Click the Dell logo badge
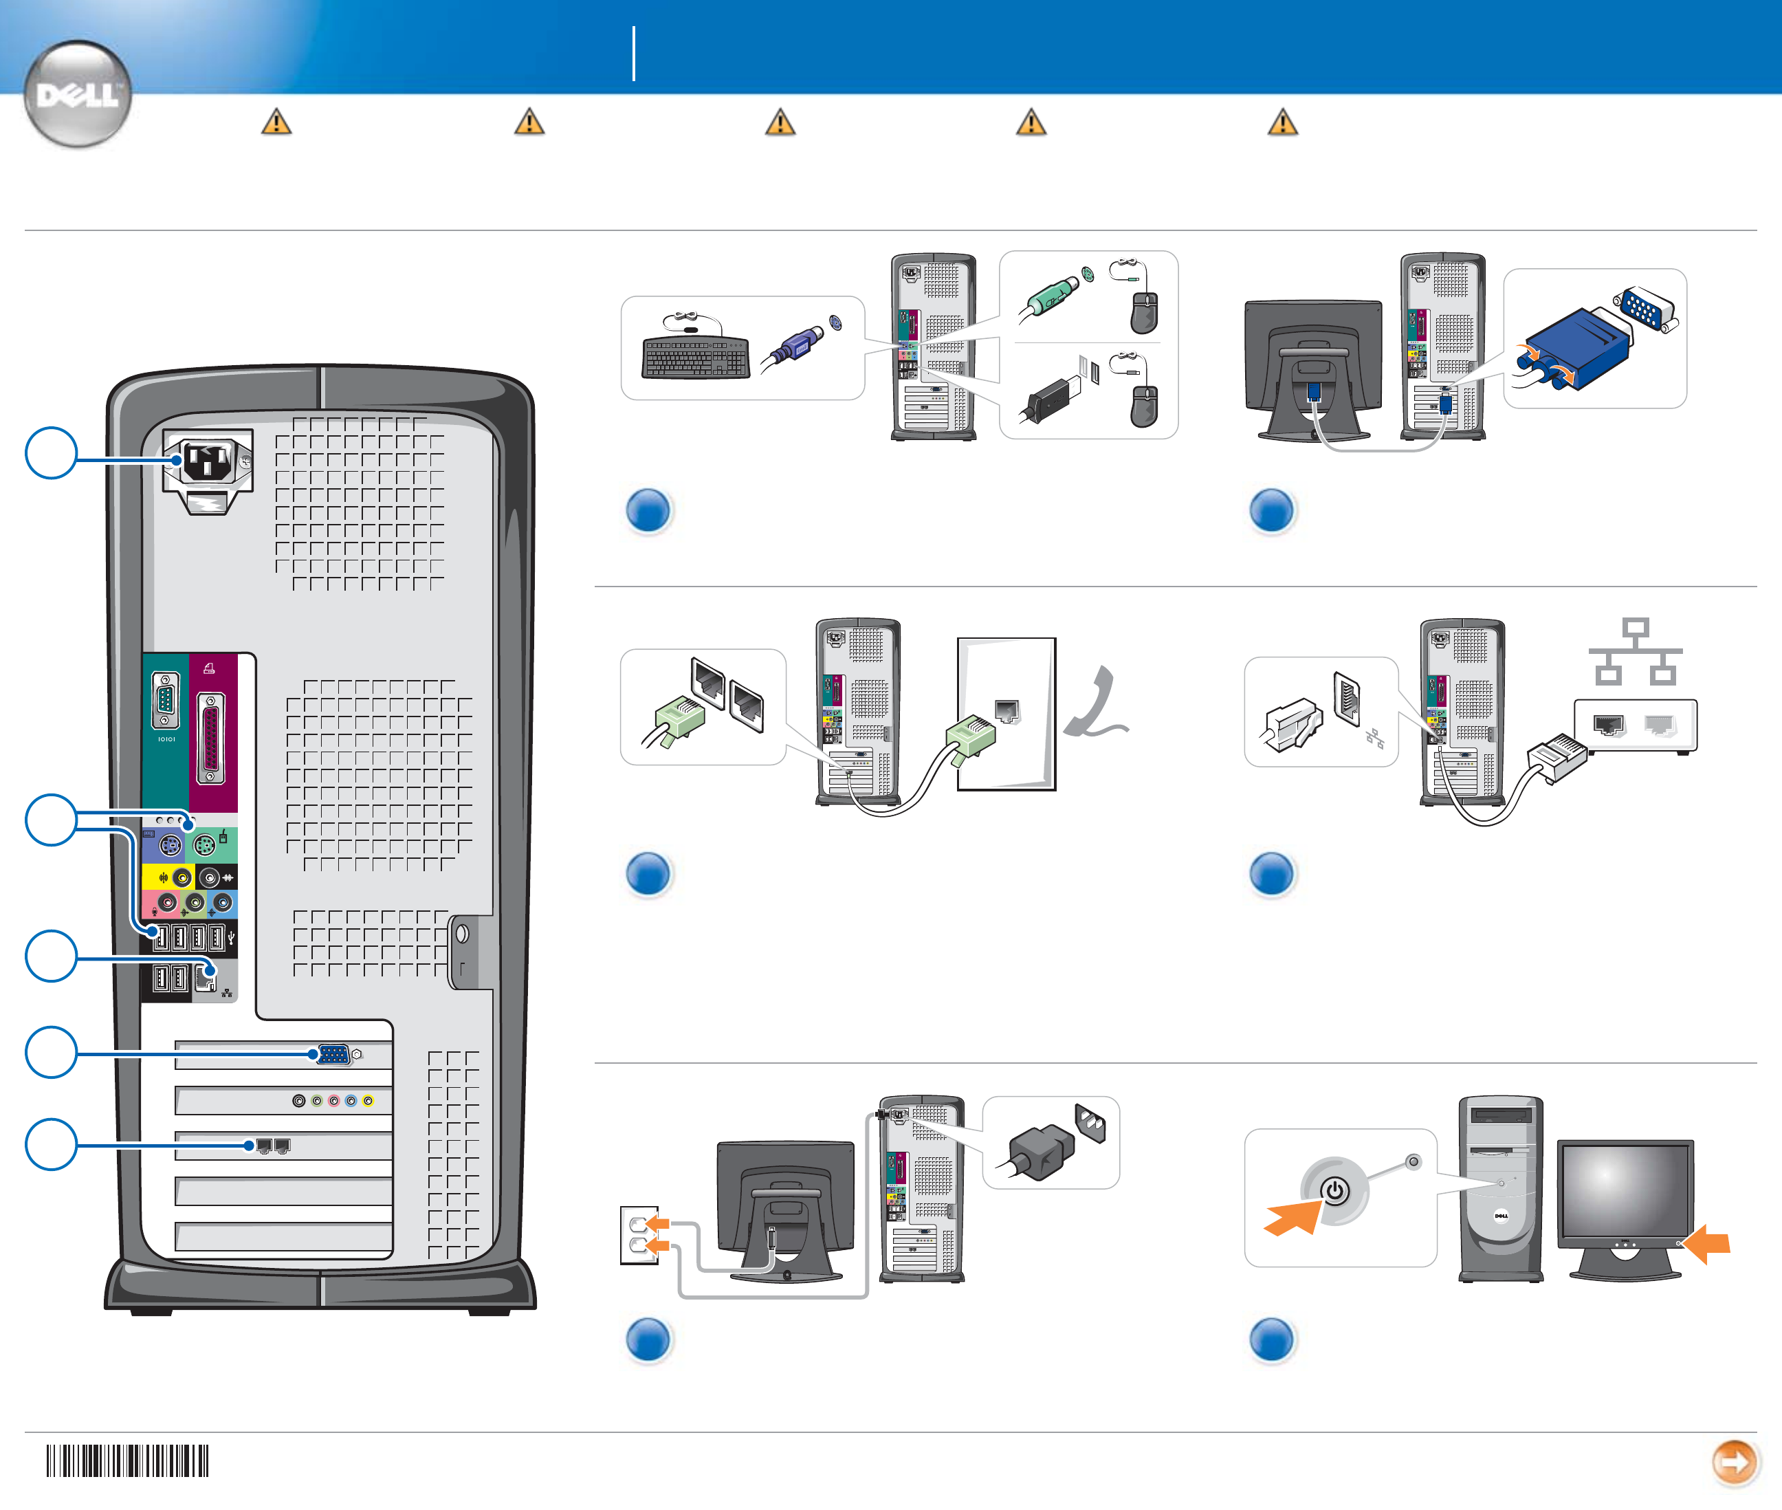coord(78,94)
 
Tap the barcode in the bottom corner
coord(127,1460)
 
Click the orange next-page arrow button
coord(1734,1461)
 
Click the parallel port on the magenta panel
coord(212,738)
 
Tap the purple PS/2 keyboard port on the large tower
coord(170,847)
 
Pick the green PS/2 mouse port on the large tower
coord(203,847)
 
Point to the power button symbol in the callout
coord(1334,1191)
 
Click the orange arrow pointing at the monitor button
coord(1708,1243)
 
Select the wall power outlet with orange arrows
coord(639,1234)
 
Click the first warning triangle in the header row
coord(276,122)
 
